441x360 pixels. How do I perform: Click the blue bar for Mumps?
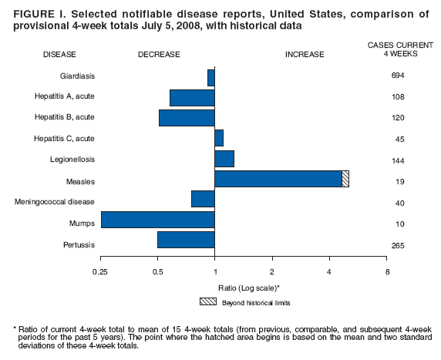click(x=157, y=220)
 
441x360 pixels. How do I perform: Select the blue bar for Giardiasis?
click(x=210, y=77)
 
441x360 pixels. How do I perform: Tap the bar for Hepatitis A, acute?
click(x=192, y=98)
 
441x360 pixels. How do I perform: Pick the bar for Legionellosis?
click(x=224, y=158)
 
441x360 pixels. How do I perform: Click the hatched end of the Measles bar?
click(x=345, y=179)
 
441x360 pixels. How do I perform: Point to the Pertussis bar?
click(x=186, y=239)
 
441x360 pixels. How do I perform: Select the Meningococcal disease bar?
click(x=203, y=199)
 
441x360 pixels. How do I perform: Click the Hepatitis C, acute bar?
click(x=219, y=138)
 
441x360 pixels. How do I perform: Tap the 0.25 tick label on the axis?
click(x=100, y=272)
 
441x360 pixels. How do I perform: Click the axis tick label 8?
click(x=387, y=272)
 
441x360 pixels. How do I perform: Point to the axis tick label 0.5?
click(x=157, y=272)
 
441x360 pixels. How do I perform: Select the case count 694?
click(x=398, y=76)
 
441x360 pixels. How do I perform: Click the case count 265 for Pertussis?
click(x=398, y=246)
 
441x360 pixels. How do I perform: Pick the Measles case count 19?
click(x=398, y=183)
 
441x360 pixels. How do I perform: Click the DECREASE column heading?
click(x=159, y=55)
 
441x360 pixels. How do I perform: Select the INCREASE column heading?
click(x=305, y=55)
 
